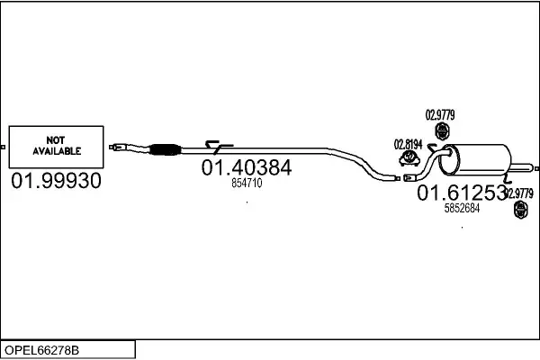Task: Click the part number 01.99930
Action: [x=56, y=181]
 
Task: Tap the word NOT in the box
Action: [x=56, y=140]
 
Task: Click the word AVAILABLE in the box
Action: [x=57, y=151]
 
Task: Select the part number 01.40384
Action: [x=247, y=167]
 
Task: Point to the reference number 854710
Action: [x=247, y=183]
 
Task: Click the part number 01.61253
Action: [x=462, y=193]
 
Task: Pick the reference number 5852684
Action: [x=462, y=208]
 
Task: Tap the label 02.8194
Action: [x=408, y=145]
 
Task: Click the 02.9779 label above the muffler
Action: [x=440, y=114]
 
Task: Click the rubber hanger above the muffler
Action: [x=442, y=130]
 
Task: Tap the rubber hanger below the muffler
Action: [x=521, y=210]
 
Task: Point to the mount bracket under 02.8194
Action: [x=409, y=158]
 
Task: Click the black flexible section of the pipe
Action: [x=166, y=149]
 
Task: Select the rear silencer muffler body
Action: [x=475, y=159]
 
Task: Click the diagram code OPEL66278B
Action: [x=41, y=350]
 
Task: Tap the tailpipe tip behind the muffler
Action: [x=524, y=168]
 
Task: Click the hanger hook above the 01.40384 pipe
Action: [x=218, y=147]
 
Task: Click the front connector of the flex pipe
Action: [x=118, y=147]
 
